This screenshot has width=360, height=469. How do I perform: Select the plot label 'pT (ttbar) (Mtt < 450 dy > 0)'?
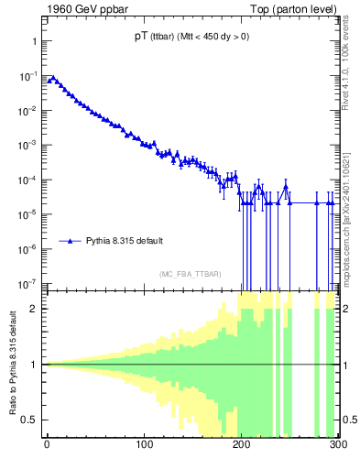pyautogui.click(x=191, y=37)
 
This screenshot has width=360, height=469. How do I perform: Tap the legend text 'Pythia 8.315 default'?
pyautogui.click(x=125, y=241)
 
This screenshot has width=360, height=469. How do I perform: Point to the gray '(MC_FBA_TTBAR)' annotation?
pyautogui.click(x=191, y=274)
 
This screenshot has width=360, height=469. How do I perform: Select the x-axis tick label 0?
pyautogui.click(x=47, y=447)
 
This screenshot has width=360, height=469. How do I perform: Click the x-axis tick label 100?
pyautogui.click(x=144, y=447)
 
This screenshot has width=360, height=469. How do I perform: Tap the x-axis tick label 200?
pyautogui.click(x=242, y=447)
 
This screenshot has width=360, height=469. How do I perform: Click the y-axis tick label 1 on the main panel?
pyautogui.click(x=34, y=42)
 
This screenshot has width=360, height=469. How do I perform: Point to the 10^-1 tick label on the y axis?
pyautogui.click(x=29, y=76)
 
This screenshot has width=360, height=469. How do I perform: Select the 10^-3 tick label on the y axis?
pyautogui.click(x=29, y=146)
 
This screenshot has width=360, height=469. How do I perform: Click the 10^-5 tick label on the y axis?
pyautogui.click(x=29, y=214)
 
